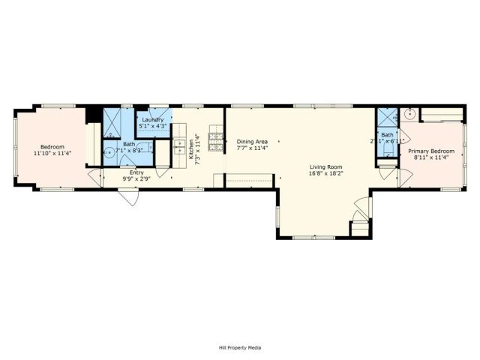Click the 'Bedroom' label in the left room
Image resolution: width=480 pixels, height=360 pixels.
pyautogui.click(x=52, y=146)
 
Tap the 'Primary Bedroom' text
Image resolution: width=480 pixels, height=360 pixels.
pyautogui.click(x=430, y=151)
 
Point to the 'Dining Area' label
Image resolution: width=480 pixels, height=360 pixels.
pyautogui.click(x=252, y=141)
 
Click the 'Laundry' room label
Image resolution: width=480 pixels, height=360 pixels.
pyautogui.click(x=152, y=120)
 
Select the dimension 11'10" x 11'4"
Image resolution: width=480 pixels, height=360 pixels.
pyautogui.click(x=52, y=153)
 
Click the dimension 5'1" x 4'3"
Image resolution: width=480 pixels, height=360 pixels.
pyautogui.click(x=152, y=126)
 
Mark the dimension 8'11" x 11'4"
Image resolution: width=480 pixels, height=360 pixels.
pyautogui.click(x=430, y=157)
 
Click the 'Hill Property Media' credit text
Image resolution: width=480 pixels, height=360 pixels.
pyautogui.click(x=240, y=347)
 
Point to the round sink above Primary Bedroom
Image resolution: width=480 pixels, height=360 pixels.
pyautogui.click(x=409, y=114)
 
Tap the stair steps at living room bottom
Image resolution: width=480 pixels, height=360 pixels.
pyautogui.click(x=361, y=227)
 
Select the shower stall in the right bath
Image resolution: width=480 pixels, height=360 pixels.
pyautogui.click(x=388, y=118)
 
